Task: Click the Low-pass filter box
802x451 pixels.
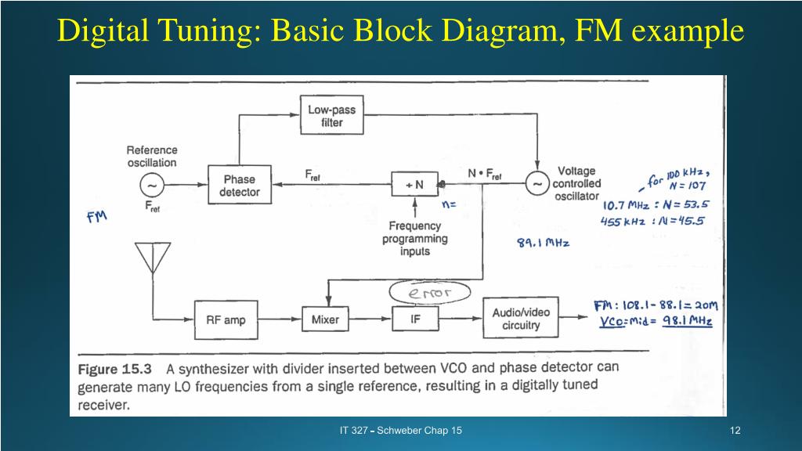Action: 331,115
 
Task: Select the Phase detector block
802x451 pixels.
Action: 240,185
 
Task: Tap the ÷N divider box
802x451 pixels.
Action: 415,184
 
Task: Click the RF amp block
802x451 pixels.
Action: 226,319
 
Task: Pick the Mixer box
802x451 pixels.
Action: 325,319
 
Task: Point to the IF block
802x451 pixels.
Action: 415,319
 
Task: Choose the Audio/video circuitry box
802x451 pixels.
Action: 521,318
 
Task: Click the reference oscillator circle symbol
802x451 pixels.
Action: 152,185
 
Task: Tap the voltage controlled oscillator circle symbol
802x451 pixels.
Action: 537,183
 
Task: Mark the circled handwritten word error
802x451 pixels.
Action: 430,293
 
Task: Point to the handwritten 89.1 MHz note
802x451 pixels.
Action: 544,243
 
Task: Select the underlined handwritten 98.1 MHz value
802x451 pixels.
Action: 688,321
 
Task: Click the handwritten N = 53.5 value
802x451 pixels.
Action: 686,204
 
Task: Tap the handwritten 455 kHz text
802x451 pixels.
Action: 623,222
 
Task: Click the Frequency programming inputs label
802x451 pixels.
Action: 415,238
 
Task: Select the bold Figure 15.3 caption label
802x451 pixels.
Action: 115,370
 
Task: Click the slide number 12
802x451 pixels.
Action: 735,431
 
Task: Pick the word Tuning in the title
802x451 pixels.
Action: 208,31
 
